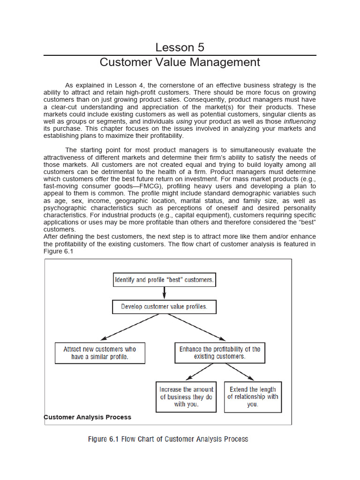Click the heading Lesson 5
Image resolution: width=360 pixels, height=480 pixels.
click(180, 47)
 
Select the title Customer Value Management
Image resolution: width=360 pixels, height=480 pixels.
click(180, 62)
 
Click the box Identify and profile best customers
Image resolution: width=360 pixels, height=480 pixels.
click(164, 280)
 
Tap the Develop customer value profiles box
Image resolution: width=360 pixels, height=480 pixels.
click(164, 307)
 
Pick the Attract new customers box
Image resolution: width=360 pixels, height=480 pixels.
click(100, 353)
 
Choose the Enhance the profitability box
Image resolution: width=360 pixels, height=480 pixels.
click(219, 353)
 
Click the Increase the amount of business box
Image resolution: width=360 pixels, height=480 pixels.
click(186, 397)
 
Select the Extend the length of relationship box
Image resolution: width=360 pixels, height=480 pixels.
click(253, 397)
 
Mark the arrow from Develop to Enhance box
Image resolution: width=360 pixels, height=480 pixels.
click(197, 327)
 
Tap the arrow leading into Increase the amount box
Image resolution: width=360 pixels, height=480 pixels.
click(200, 372)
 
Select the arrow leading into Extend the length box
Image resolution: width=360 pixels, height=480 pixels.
click(240, 372)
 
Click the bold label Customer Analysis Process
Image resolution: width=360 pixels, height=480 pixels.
click(88, 417)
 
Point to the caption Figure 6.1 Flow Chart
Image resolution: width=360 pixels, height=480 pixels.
click(168, 439)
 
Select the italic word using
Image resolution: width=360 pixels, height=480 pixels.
click(184, 121)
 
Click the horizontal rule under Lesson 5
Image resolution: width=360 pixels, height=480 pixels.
click(180, 55)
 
